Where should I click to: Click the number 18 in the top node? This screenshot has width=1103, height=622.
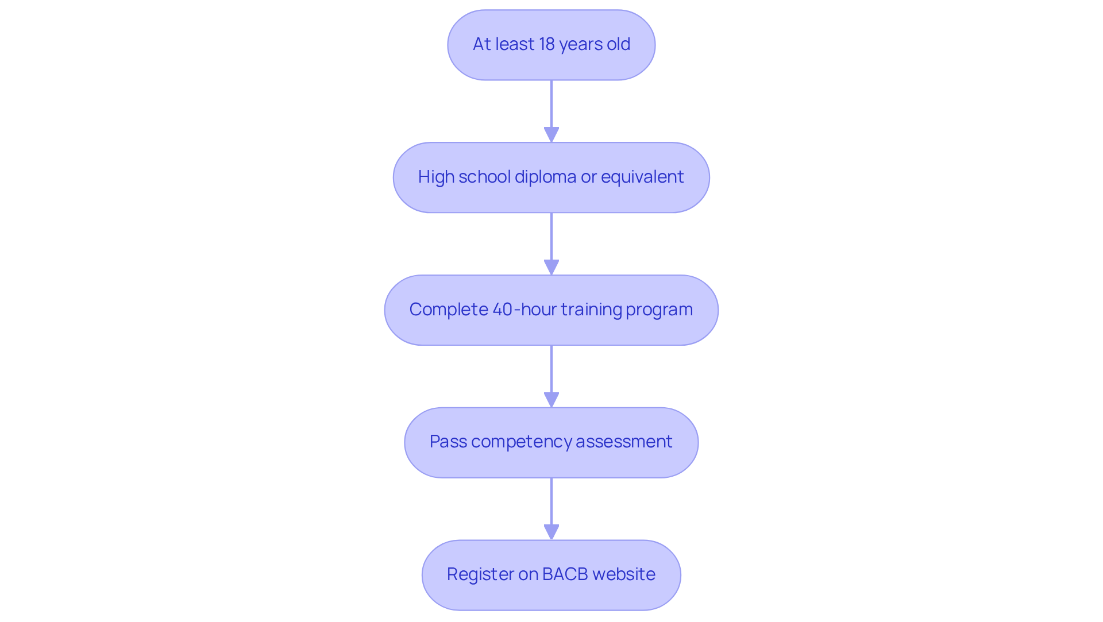pyautogui.click(x=546, y=44)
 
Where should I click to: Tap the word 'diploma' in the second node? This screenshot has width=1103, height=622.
pyautogui.click(x=545, y=177)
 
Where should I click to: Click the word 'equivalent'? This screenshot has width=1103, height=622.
pyautogui.click(x=642, y=177)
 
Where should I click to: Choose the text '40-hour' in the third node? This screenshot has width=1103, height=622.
pyautogui.click(x=524, y=310)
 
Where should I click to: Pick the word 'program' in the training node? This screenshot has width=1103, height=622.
pyautogui.click(x=659, y=310)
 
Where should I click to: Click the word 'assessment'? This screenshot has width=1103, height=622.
pyautogui.click(x=624, y=442)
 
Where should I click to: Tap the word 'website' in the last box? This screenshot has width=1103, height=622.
pyautogui.click(x=624, y=574)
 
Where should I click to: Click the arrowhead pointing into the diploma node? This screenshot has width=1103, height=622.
pyautogui.click(x=551, y=134)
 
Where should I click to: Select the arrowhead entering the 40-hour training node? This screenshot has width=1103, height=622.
pyautogui.click(x=551, y=267)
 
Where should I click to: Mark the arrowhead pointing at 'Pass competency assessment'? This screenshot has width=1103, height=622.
pyautogui.click(x=551, y=400)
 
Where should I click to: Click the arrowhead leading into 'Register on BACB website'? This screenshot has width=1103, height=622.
pyautogui.click(x=551, y=532)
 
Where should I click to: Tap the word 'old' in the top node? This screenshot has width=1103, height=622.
pyautogui.click(x=618, y=44)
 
